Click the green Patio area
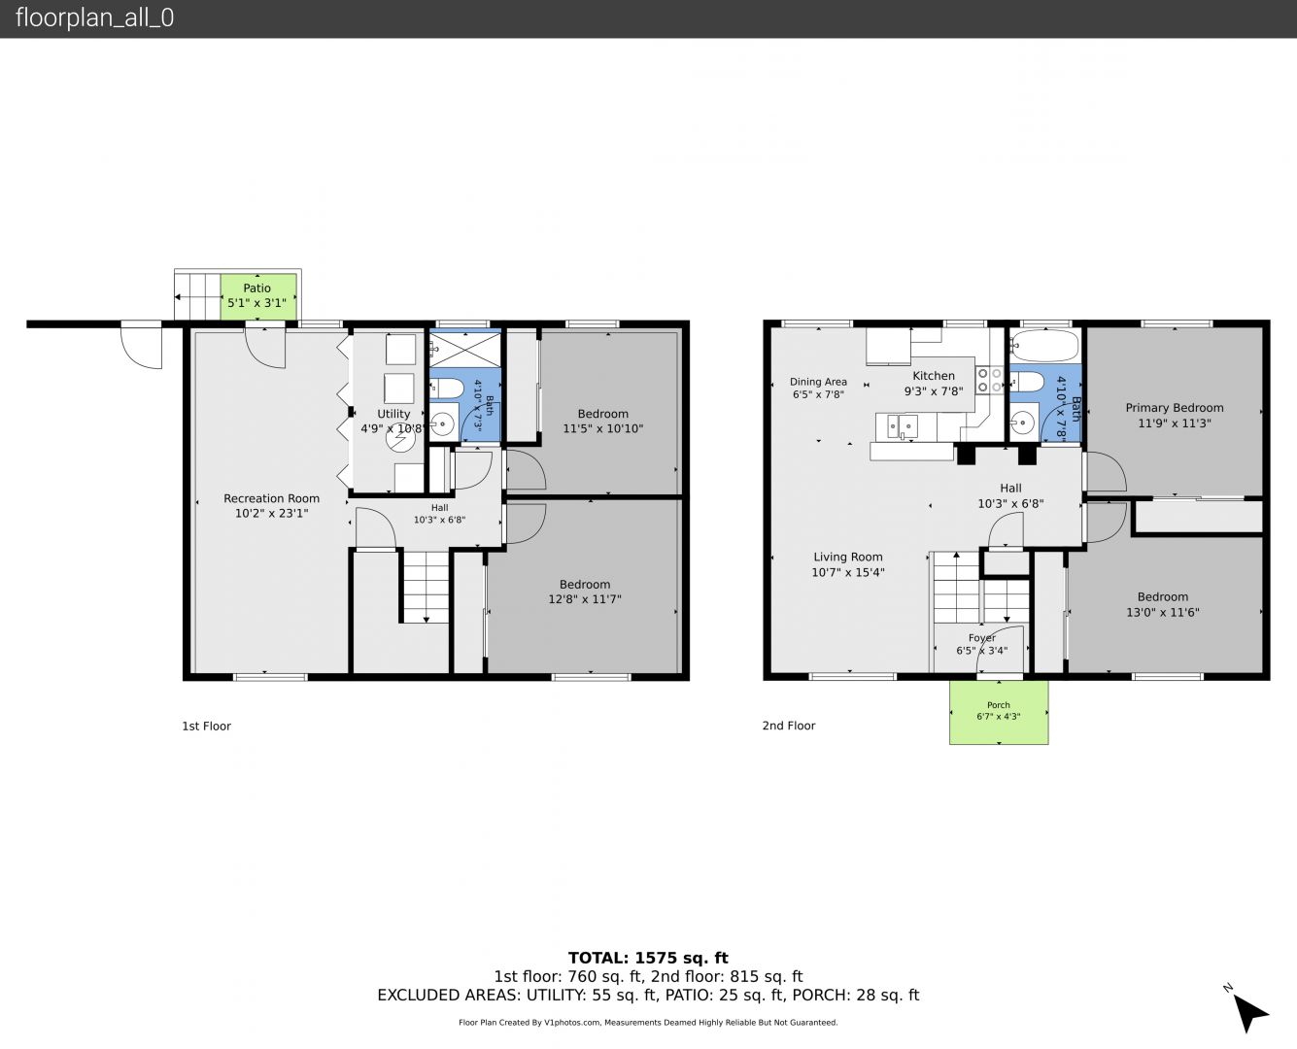(x=258, y=296)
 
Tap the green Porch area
(x=999, y=712)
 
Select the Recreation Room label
(x=272, y=498)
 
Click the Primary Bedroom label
(x=1174, y=408)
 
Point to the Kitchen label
(x=934, y=376)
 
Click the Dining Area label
(x=818, y=382)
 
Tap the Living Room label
(x=847, y=557)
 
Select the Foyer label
(x=981, y=637)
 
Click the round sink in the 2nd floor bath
(x=1022, y=422)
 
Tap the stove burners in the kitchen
(x=989, y=380)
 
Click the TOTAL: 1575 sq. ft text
(x=648, y=958)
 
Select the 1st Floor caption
(x=206, y=726)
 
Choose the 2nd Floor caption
(x=789, y=726)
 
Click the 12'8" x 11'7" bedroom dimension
(x=585, y=599)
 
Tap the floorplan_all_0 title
(x=94, y=17)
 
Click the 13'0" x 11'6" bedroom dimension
(x=1162, y=613)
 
